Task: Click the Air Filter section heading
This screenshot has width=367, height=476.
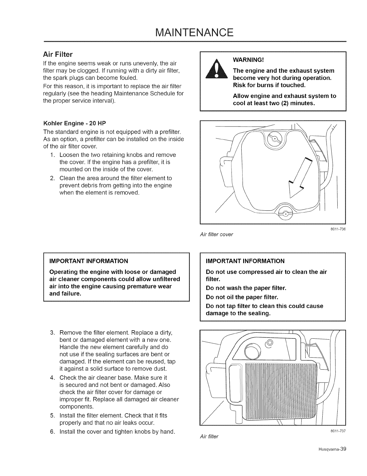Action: (x=58, y=55)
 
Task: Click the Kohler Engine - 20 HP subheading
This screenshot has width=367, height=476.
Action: (x=75, y=124)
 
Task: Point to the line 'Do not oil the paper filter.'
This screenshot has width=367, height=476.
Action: (x=242, y=297)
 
